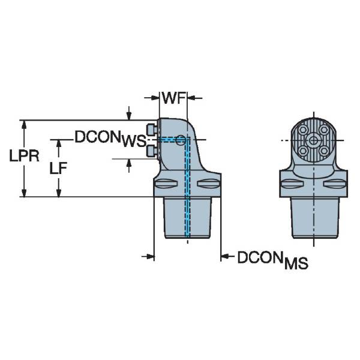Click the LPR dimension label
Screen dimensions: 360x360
click(x=24, y=157)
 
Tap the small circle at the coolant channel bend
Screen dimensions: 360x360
click(x=180, y=140)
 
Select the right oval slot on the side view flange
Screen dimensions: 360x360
click(x=209, y=184)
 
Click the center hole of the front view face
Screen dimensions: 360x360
click(x=313, y=140)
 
